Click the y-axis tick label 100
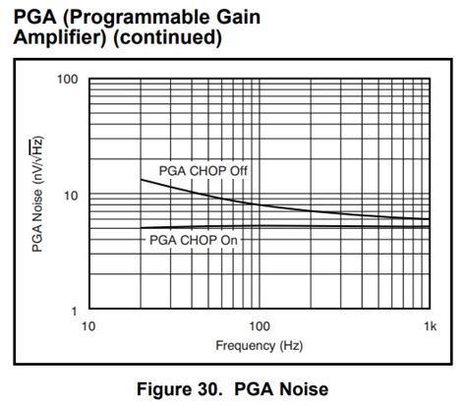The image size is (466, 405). (x=66, y=79)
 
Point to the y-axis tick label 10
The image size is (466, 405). (x=70, y=195)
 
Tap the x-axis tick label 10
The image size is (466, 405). (x=87, y=325)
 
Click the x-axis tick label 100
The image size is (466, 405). (x=260, y=325)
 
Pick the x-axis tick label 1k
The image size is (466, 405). (x=429, y=325)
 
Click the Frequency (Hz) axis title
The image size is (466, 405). (x=260, y=345)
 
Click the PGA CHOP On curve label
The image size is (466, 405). (x=194, y=239)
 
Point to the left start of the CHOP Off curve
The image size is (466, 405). (x=141, y=179)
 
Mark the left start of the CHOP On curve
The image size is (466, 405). (x=141, y=230)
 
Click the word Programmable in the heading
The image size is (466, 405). (x=131, y=17)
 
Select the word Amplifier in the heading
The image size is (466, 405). (x=54, y=38)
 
